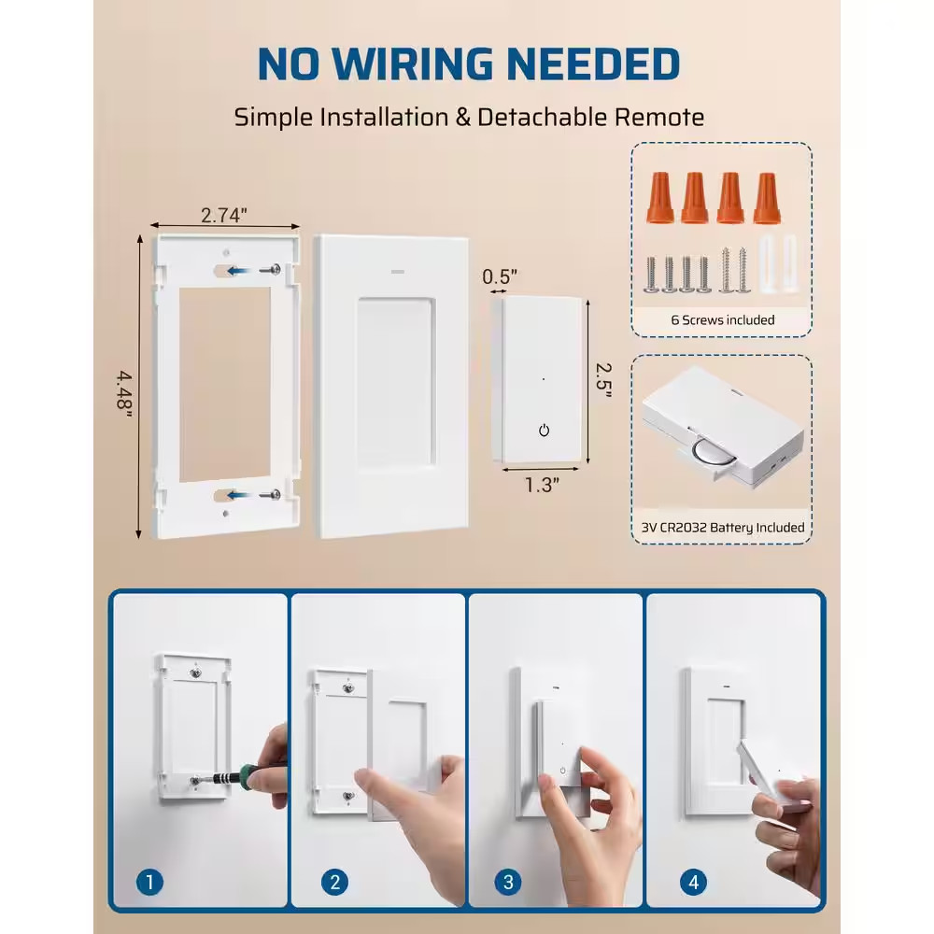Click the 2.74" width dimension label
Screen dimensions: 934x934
tap(224, 215)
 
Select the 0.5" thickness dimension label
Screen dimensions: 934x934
tap(500, 276)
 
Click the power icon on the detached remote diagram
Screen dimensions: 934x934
tap(545, 431)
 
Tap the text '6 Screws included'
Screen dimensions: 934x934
tap(722, 319)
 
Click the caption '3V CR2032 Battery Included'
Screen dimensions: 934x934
tap(722, 528)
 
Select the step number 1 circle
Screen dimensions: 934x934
tap(149, 881)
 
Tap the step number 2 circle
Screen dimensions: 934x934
tap(334, 881)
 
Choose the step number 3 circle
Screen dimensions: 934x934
tap(507, 881)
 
